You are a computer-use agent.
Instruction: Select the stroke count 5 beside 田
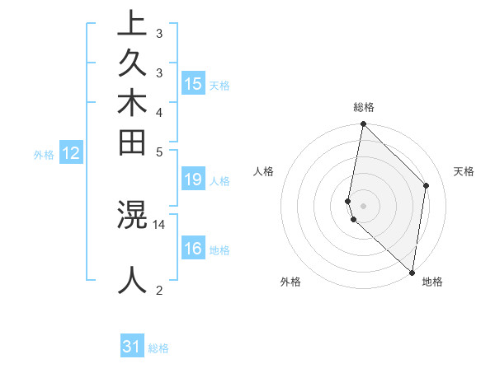(159, 152)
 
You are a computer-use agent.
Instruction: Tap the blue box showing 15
(193, 83)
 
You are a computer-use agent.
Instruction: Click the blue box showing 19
(193, 180)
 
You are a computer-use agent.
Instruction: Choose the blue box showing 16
(193, 249)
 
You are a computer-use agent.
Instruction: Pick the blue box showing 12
(71, 152)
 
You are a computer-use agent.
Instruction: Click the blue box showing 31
(132, 347)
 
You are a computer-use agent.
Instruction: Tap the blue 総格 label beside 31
(158, 348)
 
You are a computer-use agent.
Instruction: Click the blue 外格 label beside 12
(44, 154)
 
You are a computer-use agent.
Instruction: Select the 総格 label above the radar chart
(363, 107)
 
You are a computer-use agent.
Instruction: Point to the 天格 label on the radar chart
(464, 171)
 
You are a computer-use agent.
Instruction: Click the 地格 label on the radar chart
(432, 282)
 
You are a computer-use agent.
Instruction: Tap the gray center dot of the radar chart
(363, 205)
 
